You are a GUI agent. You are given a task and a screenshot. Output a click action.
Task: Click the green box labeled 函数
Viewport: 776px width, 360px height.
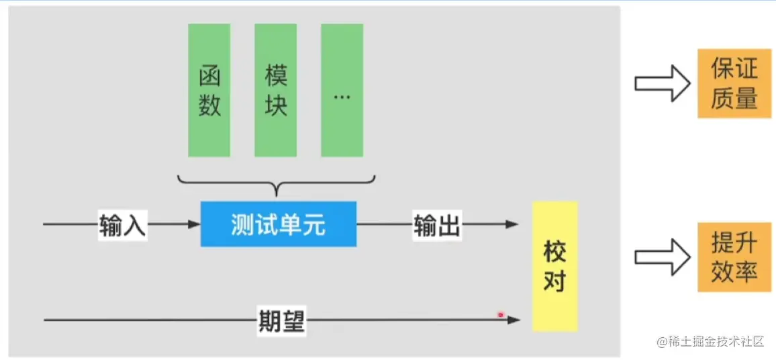coord(209,90)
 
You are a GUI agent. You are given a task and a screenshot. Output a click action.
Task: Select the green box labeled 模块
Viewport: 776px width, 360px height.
coord(276,90)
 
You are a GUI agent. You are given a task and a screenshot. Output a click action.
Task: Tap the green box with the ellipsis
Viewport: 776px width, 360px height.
coord(342,90)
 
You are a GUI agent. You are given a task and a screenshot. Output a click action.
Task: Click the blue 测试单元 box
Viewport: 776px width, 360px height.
coord(279,224)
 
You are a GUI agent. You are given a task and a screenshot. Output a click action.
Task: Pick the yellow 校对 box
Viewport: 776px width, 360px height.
coord(554,266)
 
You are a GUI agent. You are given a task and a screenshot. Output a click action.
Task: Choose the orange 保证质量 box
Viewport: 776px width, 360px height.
coord(734,84)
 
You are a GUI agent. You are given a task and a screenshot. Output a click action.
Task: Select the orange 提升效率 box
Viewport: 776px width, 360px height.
coord(734,257)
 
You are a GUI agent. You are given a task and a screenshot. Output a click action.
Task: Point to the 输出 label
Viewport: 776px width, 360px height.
coord(437,225)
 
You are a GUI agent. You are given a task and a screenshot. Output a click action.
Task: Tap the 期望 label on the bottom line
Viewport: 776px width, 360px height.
coord(281,321)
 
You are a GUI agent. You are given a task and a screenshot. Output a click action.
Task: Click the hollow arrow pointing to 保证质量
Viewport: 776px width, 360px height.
coord(662,84)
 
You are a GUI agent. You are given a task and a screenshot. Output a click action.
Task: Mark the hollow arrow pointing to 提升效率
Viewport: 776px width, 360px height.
coord(662,257)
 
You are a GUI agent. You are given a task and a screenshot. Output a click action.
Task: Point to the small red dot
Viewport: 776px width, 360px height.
coord(500,314)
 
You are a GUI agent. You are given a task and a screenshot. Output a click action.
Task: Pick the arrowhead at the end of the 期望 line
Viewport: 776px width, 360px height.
coord(514,320)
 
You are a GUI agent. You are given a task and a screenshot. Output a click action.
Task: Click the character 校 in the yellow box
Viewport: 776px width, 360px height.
coord(554,253)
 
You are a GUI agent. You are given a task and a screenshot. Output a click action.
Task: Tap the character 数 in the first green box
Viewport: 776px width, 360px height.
coord(209,105)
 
